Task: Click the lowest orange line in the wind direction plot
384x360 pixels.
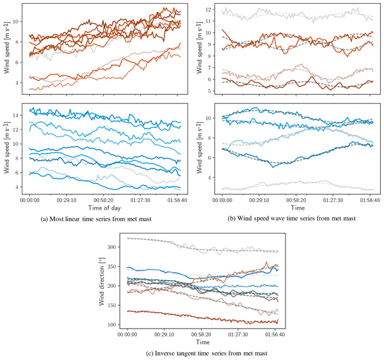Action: (192, 318)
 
